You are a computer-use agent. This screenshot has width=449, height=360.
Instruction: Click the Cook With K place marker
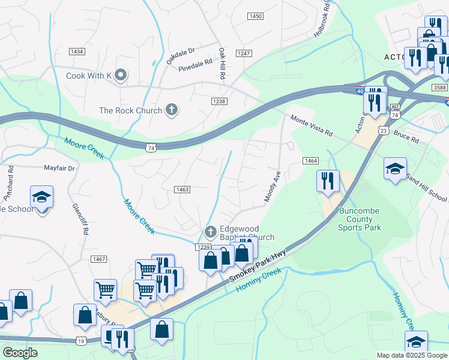click(x=121, y=75)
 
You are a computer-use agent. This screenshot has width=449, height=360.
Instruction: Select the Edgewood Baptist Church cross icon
click(x=210, y=231)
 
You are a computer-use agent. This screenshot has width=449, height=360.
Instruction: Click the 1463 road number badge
click(x=182, y=190)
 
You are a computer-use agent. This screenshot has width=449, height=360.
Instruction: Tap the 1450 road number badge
click(x=255, y=16)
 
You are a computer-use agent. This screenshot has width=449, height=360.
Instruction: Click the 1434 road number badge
click(x=77, y=52)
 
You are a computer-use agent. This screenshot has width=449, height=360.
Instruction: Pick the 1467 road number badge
click(x=100, y=259)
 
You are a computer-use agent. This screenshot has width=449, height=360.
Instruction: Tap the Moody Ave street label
click(x=273, y=187)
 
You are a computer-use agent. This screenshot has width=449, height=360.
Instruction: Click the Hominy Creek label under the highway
click(x=259, y=281)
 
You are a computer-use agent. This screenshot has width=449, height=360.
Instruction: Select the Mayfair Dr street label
click(x=59, y=169)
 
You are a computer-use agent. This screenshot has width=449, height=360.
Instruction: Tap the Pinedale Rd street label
click(x=196, y=62)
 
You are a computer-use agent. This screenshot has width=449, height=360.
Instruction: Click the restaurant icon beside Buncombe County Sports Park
click(x=327, y=181)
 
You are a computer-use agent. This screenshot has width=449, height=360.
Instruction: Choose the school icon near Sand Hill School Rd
click(x=396, y=169)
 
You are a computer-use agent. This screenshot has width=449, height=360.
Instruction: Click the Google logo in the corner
click(x=20, y=353)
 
